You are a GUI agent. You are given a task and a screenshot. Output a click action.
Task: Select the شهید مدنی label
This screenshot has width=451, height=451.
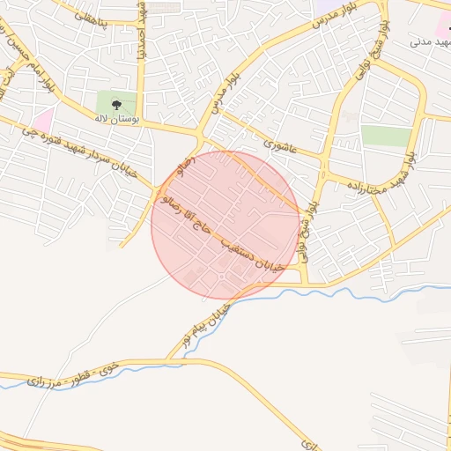click(x=429, y=41)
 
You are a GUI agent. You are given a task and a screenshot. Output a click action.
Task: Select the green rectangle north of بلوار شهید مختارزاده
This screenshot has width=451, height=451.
click(x=386, y=136)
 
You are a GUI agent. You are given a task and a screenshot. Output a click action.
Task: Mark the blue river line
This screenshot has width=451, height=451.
click(x=352, y=292)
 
